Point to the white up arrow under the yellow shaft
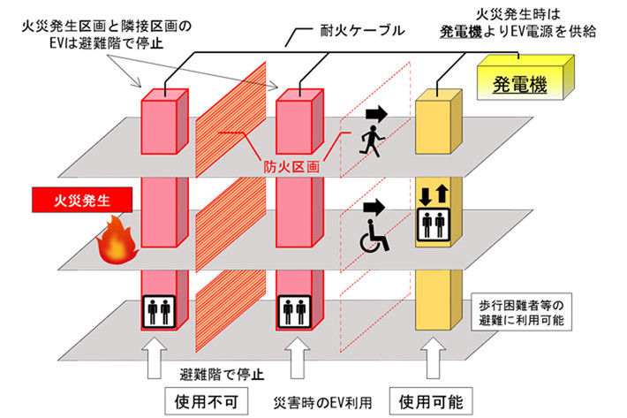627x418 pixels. [x=438, y=357]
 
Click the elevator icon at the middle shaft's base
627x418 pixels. [x=292, y=312]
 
